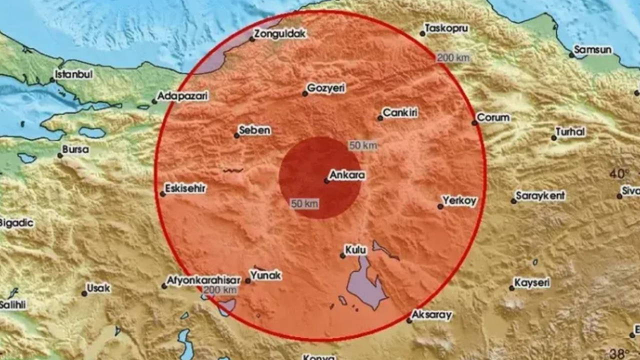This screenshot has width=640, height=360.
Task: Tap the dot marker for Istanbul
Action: [x=52, y=79]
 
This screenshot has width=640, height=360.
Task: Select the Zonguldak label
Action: [x=279, y=34]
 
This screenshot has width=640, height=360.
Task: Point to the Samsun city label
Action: [x=592, y=50]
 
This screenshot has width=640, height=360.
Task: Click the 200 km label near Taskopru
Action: [x=453, y=58]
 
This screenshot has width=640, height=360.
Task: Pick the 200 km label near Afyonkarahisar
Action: [x=220, y=290]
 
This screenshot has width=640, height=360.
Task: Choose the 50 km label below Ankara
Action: [x=304, y=204]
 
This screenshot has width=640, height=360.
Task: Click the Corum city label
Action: [x=493, y=118]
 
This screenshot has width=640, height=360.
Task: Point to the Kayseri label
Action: [x=532, y=283]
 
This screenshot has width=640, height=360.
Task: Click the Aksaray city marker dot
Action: [x=409, y=320]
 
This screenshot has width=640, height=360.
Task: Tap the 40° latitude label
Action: [x=619, y=174]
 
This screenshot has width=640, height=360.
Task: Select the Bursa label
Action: [x=75, y=149]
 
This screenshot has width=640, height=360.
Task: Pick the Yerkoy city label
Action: [x=459, y=201]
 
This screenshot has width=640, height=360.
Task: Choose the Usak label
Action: [x=98, y=288]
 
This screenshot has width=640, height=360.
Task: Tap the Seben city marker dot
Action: [x=237, y=135]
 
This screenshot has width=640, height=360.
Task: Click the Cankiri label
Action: [x=400, y=113]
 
